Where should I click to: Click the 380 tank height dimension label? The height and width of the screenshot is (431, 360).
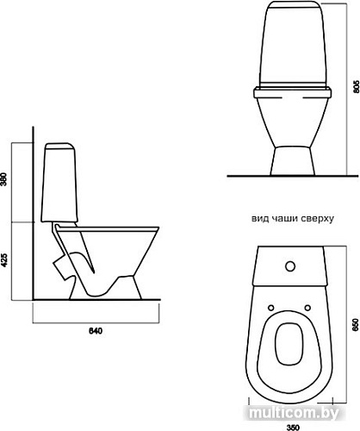coord(3,179)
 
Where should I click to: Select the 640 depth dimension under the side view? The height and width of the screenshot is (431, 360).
coord(95,331)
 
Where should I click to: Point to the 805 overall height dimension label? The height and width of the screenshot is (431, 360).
coord(357,85)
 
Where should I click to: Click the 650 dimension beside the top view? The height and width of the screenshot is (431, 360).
coord(357,325)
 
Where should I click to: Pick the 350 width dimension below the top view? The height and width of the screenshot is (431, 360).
coord(292,428)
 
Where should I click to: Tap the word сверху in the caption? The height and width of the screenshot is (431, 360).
coord(318,219)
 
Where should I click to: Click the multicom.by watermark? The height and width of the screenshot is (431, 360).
coord(294,414)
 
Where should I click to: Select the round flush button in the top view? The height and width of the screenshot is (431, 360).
coord(290,266)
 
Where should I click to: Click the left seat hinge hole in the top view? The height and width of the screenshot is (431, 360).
coord(270,308)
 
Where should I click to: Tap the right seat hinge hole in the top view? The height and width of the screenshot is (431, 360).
coord(307,308)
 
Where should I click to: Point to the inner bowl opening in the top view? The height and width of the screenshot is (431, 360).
coord(289,344)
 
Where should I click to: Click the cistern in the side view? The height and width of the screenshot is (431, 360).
coord(59,183)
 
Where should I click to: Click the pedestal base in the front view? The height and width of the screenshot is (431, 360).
coord(293,161)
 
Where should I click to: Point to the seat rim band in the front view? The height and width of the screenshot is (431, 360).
coord(292,93)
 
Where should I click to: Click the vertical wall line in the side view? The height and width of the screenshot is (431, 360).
coord(34,213)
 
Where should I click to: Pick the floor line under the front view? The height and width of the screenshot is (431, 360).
coord(293,176)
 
